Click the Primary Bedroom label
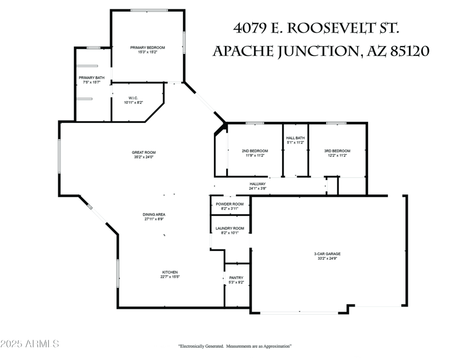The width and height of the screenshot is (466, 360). click(x=147, y=47)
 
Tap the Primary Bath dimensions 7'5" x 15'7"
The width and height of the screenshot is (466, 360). click(x=91, y=82)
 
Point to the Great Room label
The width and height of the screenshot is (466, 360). click(x=143, y=153)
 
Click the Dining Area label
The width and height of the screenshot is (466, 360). click(x=154, y=214)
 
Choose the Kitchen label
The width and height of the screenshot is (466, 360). click(x=170, y=272)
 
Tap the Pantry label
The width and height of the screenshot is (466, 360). click(x=236, y=278)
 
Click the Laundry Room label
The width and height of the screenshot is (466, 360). click(x=230, y=228)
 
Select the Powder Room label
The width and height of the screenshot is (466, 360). click(x=230, y=204)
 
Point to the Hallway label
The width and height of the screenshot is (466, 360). click(x=257, y=184)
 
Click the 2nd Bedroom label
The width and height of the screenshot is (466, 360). click(x=255, y=151)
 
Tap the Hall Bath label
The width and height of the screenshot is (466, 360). click(x=295, y=138)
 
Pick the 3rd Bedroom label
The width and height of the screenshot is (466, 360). click(x=337, y=151)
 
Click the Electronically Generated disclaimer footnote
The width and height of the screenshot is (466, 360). click(x=235, y=346)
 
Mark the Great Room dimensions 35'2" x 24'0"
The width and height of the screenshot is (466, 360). click(x=143, y=157)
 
